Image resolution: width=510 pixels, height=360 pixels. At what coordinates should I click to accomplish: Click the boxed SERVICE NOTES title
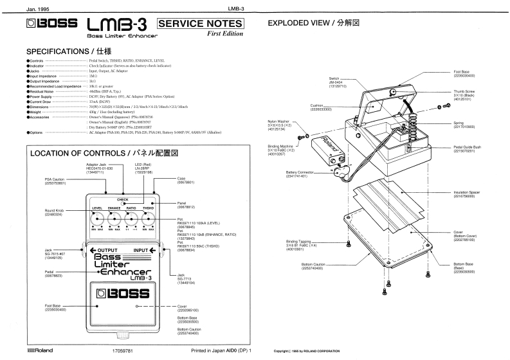(201, 24)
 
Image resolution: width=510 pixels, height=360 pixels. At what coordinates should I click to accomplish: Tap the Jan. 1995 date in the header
(20, 7)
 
